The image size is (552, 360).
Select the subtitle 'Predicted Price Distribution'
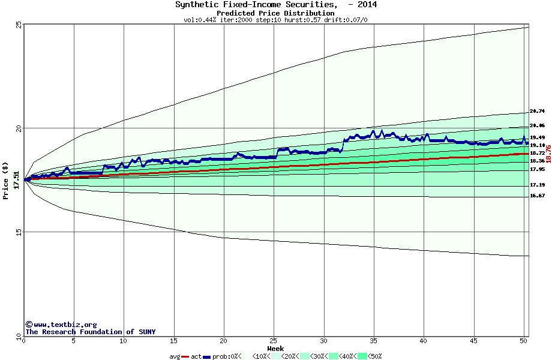(x=275, y=13)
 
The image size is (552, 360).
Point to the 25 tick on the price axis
(x=19, y=25)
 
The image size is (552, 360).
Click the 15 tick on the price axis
(x=19, y=232)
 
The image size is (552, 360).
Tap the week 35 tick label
(x=373, y=341)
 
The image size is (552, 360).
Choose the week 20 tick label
(x=223, y=341)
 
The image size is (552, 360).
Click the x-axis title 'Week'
(x=275, y=348)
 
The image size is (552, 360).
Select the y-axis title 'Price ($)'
(x=5, y=180)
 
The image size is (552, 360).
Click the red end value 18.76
(x=548, y=154)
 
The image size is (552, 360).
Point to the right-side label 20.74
(x=537, y=111)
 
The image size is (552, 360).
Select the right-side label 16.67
(x=537, y=196)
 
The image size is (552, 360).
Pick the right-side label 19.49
(x=537, y=137)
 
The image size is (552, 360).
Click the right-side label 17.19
(x=537, y=185)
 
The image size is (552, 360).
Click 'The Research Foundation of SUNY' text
(x=90, y=332)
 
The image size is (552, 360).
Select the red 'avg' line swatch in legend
(x=185, y=356)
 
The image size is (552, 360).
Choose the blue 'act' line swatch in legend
(x=207, y=356)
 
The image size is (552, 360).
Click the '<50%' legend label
(x=375, y=356)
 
